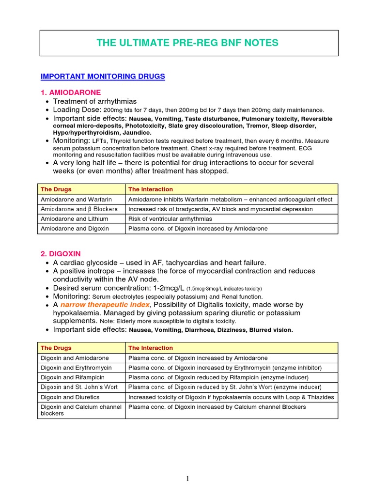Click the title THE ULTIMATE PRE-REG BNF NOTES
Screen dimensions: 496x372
point(187,43)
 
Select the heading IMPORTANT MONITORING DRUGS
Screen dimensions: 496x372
point(103,77)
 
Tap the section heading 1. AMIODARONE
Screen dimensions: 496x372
point(71,92)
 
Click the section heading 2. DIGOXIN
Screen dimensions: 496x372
point(61,253)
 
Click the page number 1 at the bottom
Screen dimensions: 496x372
point(188,479)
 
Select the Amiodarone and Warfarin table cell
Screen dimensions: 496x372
point(76,200)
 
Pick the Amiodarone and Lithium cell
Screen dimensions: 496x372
point(74,219)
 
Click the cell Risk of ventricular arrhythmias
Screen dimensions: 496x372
point(170,219)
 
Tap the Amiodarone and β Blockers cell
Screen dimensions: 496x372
point(79,209)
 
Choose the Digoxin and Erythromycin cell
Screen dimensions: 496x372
point(76,368)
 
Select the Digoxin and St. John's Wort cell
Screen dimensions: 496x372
point(79,387)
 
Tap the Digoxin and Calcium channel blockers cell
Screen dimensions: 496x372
point(80,410)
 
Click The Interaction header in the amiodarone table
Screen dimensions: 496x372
point(150,189)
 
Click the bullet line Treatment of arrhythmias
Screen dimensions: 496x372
point(95,101)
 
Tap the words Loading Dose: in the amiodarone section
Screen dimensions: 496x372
point(77,110)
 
